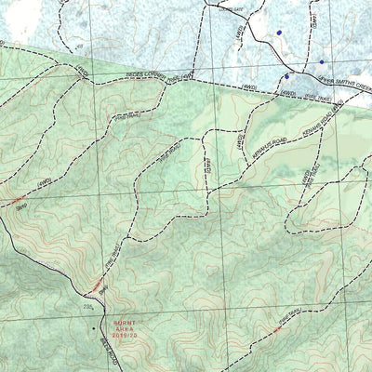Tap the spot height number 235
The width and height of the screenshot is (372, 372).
[89, 305]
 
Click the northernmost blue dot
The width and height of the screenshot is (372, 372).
[278, 33]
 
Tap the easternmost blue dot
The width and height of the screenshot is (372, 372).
[322, 62]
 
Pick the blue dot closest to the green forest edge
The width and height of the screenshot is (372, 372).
[287, 75]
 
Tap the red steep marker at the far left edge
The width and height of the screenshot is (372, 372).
[16, 201]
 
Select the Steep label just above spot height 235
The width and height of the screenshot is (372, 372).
[104, 290]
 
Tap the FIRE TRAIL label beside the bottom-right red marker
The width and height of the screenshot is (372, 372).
[286, 318]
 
